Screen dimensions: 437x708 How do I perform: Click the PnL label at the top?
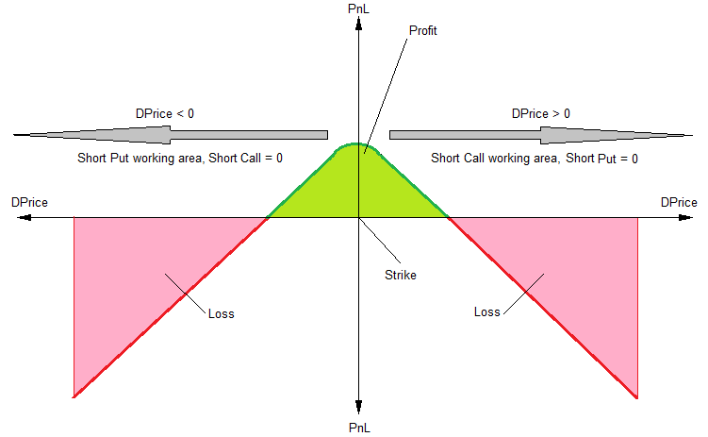tap(359, 8)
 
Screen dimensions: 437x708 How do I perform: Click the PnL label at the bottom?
tap(359, 428)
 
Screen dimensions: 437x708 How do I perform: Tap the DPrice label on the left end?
tap(29, 202)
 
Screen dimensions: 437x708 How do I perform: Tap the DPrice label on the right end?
tap(679, 202)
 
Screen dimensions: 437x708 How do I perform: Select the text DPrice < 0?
tap(165, 113)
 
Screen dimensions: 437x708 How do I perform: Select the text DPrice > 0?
tap(540, 113)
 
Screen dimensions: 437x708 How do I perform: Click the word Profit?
tap(423, 30)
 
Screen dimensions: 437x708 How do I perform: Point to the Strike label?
tap(400, 276)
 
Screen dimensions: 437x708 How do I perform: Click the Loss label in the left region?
tap(221, 313)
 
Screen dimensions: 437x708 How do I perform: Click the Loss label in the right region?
tap(487, 311)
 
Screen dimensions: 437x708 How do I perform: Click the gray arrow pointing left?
tap(170, 134)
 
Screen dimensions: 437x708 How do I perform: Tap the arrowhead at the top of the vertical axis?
tap(359, 21)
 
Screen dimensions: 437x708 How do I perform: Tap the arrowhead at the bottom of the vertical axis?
tap(359, 408)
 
